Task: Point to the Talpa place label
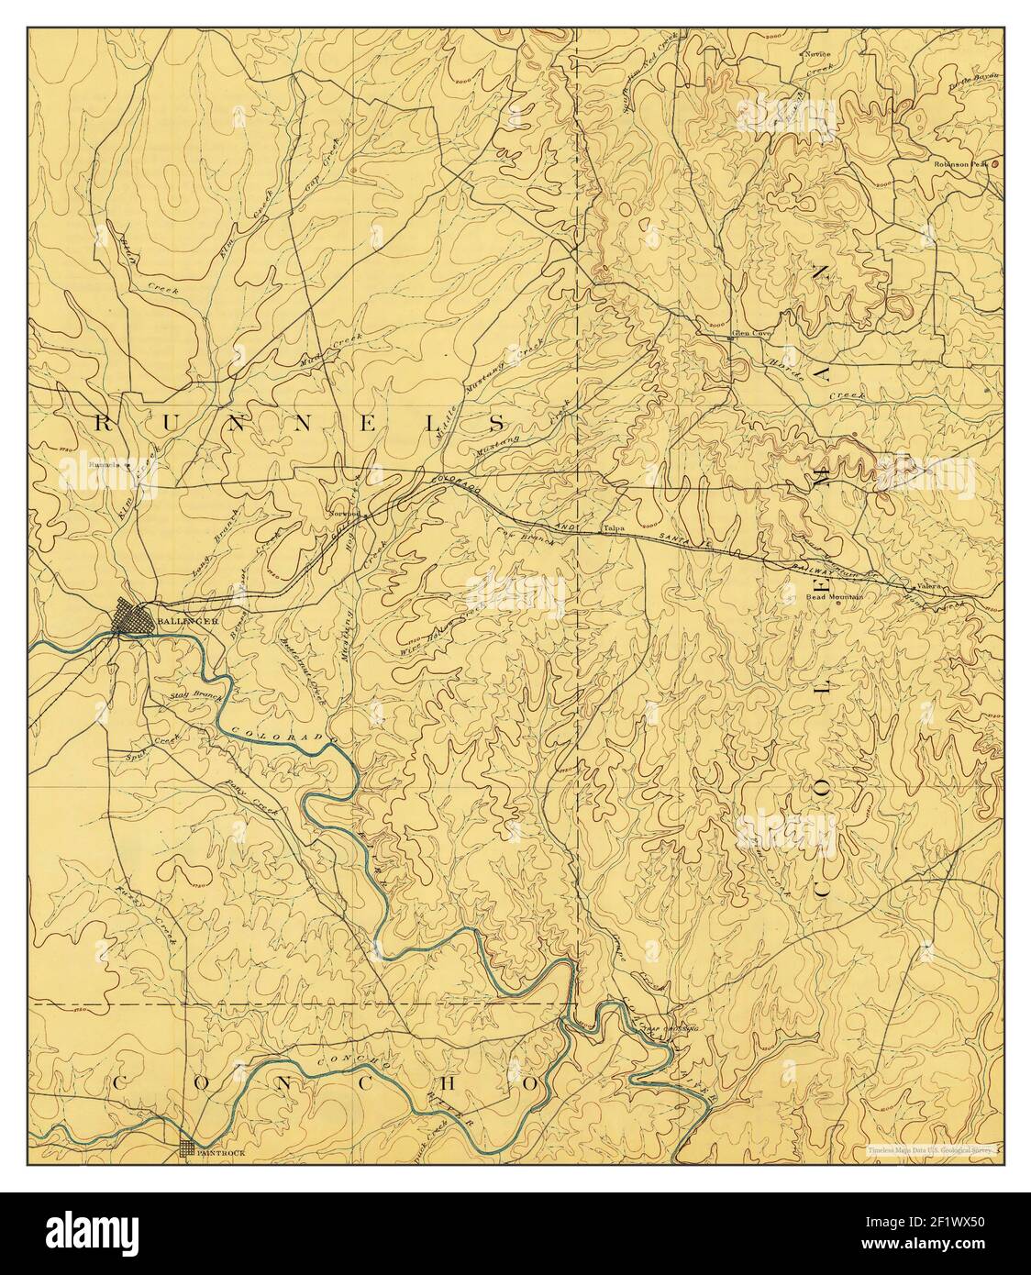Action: point(613,529)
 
